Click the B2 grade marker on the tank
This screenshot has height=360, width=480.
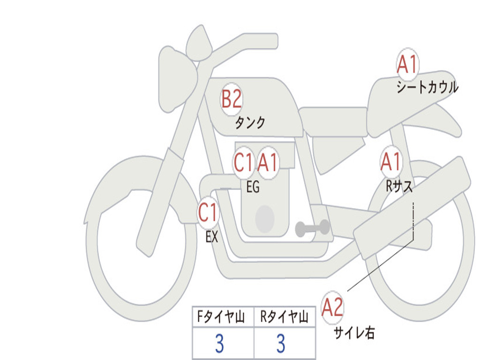click(232, 99)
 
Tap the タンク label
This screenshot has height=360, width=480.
click(250, 123)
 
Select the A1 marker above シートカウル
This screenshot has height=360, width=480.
click(407, 65)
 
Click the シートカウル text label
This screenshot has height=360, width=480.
click(427, 88)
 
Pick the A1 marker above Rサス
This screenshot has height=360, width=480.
click(391, 162)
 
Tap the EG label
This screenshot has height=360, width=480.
click(253, 187)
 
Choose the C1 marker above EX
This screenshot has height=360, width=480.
click(208, 213)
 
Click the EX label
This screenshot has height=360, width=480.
click(212, 237)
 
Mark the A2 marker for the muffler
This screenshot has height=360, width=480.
click(332, 308)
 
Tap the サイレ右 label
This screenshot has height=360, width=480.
click(354, 333)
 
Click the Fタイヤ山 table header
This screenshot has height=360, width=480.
click(219, 318)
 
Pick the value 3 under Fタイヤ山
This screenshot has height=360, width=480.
click(219, 344)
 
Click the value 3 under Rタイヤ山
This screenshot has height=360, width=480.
click(281, 344)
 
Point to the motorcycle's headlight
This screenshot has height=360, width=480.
click(176, 77)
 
